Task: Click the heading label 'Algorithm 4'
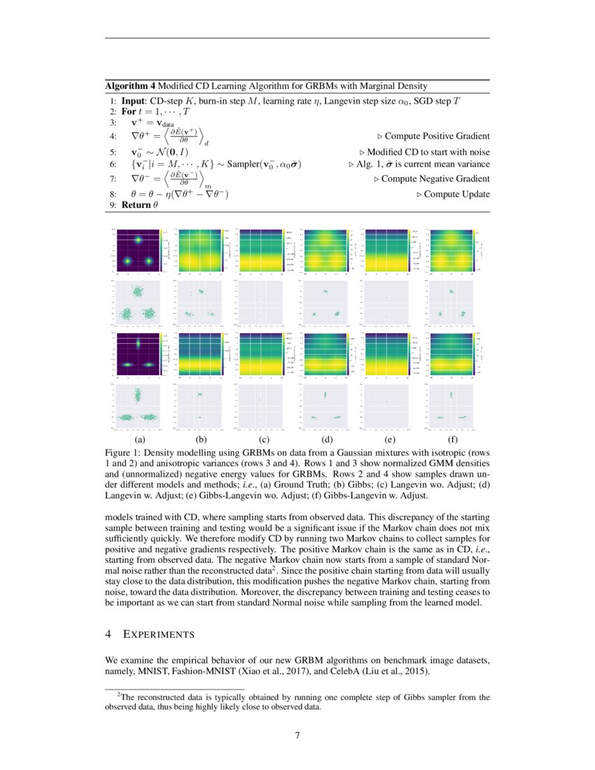[x=130, y=86]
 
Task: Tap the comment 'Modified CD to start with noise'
[x=428, y=151]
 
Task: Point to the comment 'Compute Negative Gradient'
[x=435, y=179]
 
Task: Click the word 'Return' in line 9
[x=136, y=205]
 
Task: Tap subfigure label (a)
[x=139, y=440]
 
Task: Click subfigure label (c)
[x=264, y=440]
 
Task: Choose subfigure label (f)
[x=451, y=440]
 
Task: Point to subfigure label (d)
[x=326, y=440]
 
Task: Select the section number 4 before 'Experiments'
[x=108, y=634]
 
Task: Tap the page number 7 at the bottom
[x=297, y=735]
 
